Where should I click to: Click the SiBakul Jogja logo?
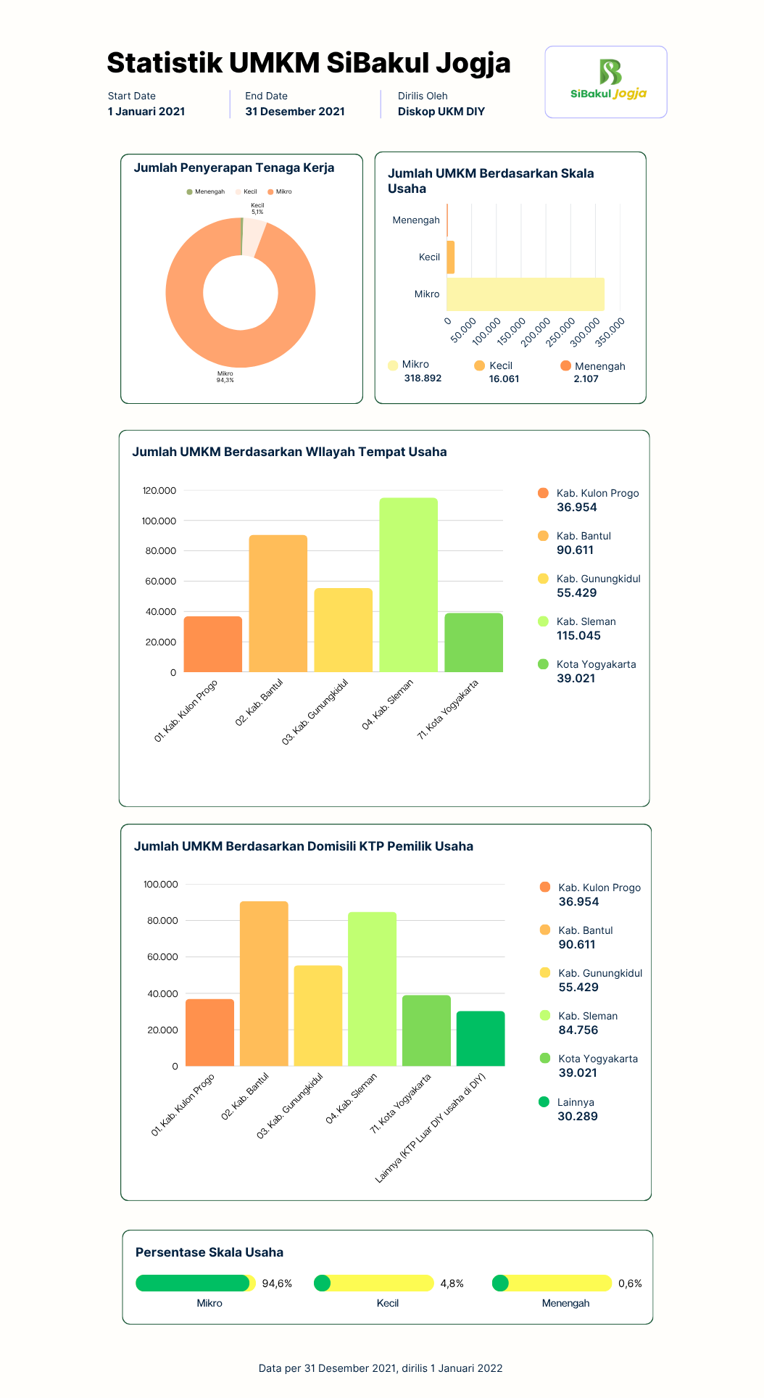click(608, 80)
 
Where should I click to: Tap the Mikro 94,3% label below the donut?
click(225, 377)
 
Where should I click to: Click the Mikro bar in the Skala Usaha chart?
click(526, 294)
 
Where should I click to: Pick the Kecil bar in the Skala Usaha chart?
click(451, 257)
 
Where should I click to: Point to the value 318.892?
click(423, 379)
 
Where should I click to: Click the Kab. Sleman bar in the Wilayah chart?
click(408, 584)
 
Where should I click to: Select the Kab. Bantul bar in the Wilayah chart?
click(278, 603)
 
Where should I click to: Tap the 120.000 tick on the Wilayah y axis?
click(159, 491)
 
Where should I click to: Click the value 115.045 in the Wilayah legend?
click(578, 636)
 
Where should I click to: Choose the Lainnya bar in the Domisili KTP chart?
click(481, 1038)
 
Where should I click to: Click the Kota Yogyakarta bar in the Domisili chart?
click(426, 1030)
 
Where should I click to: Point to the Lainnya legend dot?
click(544, 1102)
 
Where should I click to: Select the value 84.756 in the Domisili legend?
click(578, 1030)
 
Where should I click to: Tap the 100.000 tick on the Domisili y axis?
click(161, 885)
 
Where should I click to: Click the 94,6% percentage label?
click(277, 1283)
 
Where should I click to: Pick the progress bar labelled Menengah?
click(552, 1283)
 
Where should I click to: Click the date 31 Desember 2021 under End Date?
click(295, 112)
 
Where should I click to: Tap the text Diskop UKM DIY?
click(441, 112)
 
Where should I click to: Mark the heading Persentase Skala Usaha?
click(209, 1252)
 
